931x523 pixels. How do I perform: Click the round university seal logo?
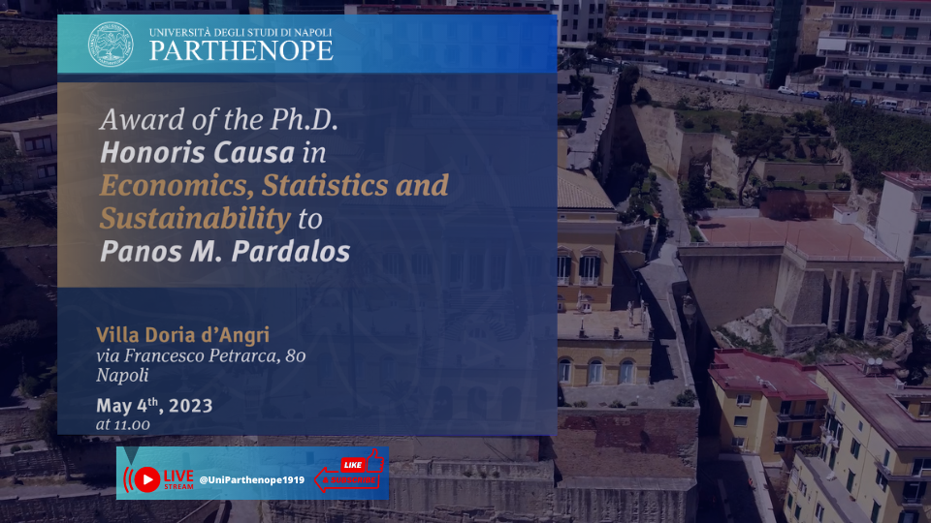click(111, 45)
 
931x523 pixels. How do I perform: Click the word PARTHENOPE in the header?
click(241, 51)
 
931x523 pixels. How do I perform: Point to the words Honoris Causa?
click(197, 152)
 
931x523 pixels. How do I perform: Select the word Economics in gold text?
click(177, 186)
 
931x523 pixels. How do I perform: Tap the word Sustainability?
click(195, 219)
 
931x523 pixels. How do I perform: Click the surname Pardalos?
click(291, 252)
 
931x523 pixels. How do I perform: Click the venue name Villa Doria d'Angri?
click(183, 335)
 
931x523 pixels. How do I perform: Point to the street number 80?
click(296, 355)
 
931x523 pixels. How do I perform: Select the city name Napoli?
click(122, 376)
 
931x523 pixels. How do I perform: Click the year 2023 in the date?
click(191, 406)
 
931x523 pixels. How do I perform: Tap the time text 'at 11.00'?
click(123, 424)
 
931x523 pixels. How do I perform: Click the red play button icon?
click(147, 479)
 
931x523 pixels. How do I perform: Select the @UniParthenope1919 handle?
click(252, 479)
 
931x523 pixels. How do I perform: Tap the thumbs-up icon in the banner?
click(374, 460)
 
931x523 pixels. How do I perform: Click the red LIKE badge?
click(353, 465)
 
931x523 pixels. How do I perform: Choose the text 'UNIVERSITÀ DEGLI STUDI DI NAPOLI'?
click(241, 33)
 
